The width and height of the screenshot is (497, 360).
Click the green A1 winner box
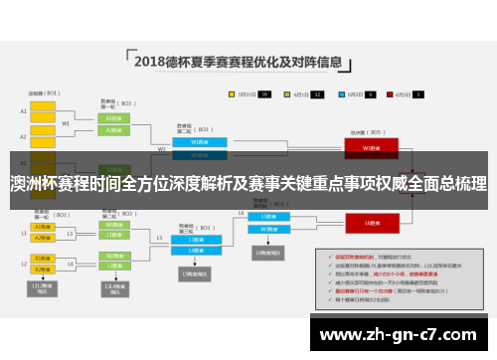113,116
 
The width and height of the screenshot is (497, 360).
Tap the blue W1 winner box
192,142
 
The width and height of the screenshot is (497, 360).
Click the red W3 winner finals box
369,147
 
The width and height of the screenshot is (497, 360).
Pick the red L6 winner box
368,223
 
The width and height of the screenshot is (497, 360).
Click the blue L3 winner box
268,216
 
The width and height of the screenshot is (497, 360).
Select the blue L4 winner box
268,227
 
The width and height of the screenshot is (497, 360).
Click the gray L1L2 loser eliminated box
42,288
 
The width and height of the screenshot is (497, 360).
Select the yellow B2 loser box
42,269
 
